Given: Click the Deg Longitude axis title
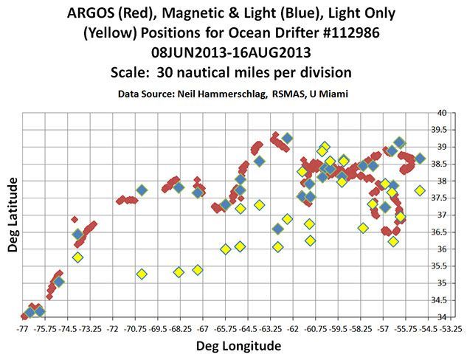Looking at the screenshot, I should click(235, 345).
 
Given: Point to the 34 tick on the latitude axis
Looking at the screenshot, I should click(443, 317).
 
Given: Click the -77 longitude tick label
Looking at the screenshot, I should click(24, 327).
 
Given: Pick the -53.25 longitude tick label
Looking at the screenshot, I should click(451, 327).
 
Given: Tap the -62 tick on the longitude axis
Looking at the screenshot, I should click(293, 327).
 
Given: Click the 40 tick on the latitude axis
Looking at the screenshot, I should click(443, 113).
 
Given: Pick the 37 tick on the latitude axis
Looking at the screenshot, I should click(443, 215).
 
